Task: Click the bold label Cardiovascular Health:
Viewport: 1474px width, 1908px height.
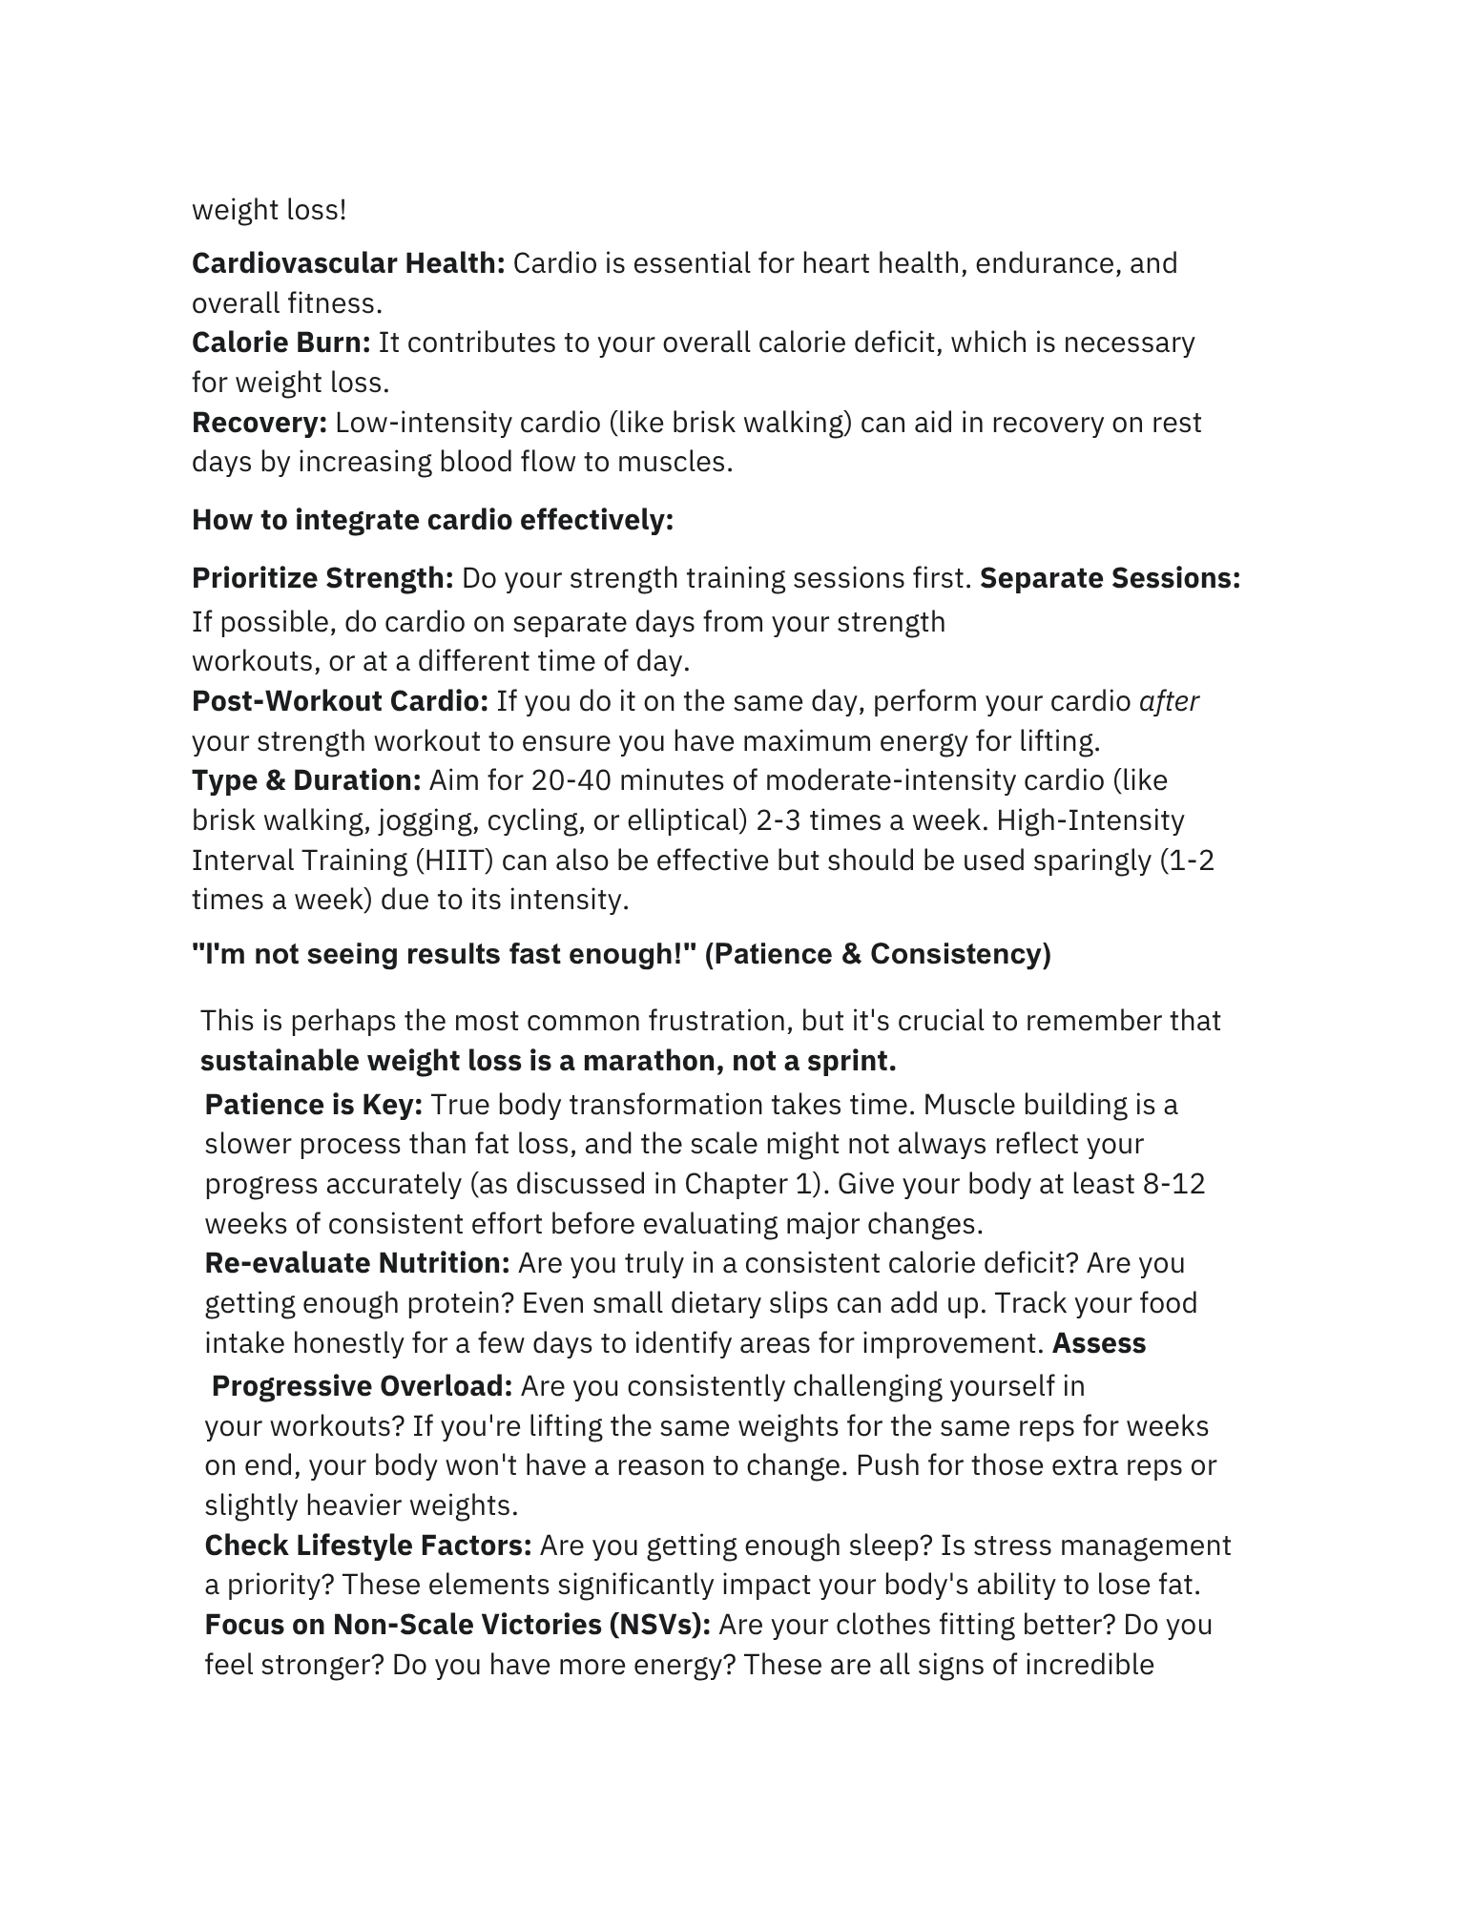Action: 348,263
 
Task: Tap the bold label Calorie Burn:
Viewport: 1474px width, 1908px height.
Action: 280,342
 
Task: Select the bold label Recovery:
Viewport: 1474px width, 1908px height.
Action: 260,422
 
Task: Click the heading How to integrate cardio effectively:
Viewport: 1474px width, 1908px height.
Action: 432,520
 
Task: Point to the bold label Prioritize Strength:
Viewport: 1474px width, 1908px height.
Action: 322,578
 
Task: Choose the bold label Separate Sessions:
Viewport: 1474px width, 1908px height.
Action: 1110,578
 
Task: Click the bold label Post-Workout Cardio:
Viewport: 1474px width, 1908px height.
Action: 340,701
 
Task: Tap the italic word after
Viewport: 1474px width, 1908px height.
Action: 1169,701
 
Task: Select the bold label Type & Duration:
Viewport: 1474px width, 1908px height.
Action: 306,780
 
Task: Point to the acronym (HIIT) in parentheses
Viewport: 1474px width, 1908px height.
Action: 454,861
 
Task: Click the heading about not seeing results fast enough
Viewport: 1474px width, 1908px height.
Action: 621,954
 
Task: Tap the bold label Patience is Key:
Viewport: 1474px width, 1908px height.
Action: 314,1105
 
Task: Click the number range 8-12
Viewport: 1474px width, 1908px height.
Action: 1173,1184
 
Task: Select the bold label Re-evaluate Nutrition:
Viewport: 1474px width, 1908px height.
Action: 358,1263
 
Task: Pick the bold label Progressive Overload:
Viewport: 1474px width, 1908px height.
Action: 363,1385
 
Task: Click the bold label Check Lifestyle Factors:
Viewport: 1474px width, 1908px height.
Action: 368,1545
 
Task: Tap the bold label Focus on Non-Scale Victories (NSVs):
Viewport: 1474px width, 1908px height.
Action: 458,1625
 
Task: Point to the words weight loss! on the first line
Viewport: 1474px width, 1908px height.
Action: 269,210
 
